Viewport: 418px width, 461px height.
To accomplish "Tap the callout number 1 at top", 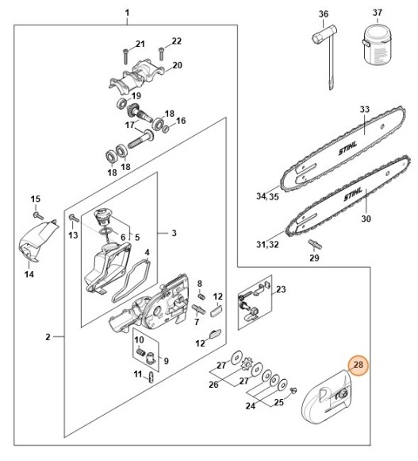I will pyautogui.click(x=128, y=13).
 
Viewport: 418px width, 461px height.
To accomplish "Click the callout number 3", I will pyautogui.click(x=173, y=233).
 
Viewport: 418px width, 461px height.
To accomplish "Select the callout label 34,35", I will pyautogui.click(x=266, y=196).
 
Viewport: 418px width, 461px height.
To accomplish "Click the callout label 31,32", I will pyautogui.click(x=267, y=246).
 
